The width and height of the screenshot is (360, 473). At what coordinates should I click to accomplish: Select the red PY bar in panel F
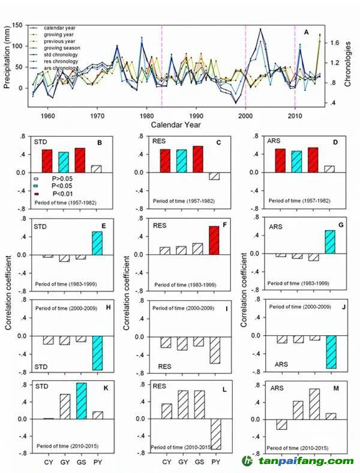(x=214, y=240)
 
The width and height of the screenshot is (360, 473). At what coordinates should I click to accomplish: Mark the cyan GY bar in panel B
(x=64, y=162)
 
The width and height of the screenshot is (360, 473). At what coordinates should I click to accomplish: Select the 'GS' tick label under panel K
(x=80, y=462)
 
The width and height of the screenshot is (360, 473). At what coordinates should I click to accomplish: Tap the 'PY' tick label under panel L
(x=214, y=462)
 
